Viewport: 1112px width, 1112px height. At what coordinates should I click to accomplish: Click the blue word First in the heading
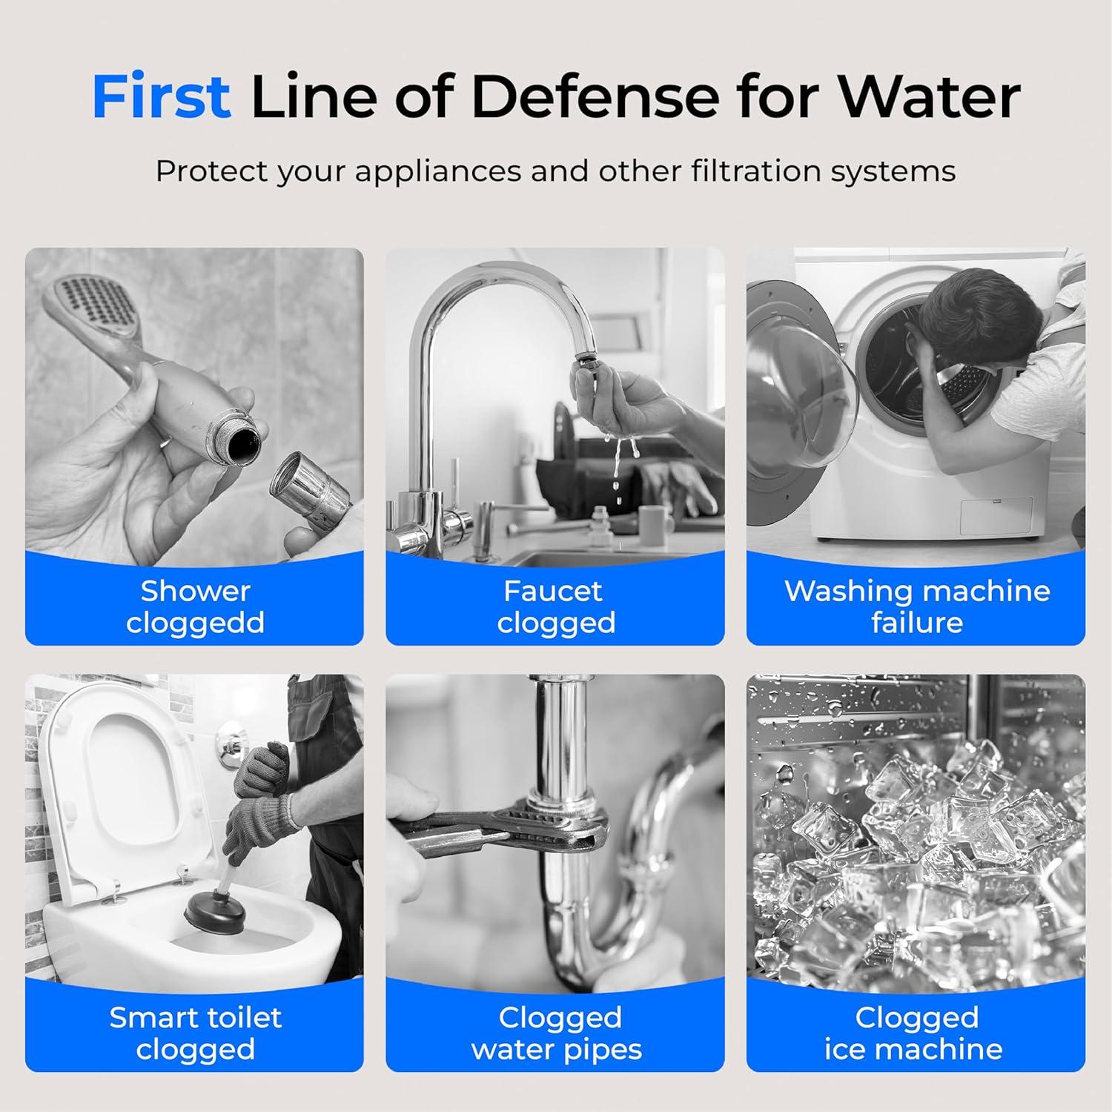(161, 96)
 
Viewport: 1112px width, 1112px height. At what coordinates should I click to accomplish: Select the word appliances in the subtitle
(437, 171)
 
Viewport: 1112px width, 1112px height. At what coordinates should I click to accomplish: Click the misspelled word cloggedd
(195, 623)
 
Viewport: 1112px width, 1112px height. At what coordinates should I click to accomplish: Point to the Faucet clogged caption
(555, 606)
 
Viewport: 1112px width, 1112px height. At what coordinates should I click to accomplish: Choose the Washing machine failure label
(916, 606)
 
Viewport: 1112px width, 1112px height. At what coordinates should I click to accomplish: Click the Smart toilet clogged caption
(195, 1033)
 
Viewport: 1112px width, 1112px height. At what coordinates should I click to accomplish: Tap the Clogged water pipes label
(556, 1033)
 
